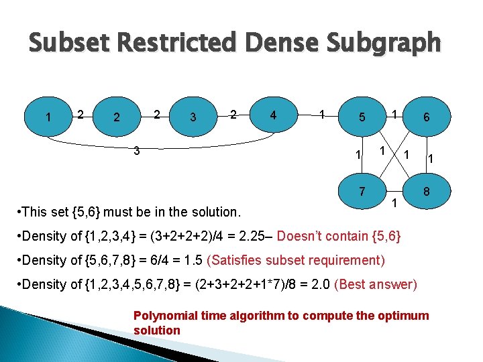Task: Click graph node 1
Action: coord(48,117)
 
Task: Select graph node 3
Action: coord(193,117)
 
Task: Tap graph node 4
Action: coord(272,115)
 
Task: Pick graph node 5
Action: coord(362,117)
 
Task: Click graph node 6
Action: coord(426,117)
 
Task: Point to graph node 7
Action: coord(362,192)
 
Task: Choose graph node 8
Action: coord(426,192)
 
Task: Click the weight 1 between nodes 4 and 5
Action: coord(323,115)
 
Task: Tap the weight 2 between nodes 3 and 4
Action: coord(233,115)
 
